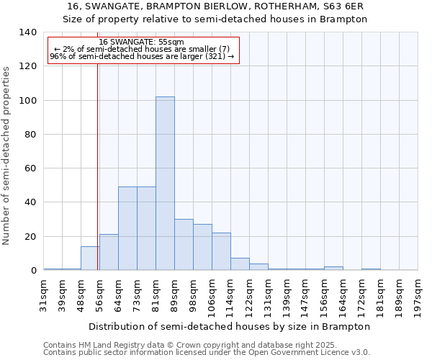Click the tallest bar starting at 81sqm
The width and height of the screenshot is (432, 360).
(x=165, y=184)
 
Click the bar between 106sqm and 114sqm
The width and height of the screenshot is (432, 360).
(x=221, y=251)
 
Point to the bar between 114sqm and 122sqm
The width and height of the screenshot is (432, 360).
(x=240, y=264)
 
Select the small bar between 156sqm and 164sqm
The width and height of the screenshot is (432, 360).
(x=333, y=269)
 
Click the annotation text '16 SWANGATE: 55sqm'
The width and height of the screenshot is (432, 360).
(x=142, y=42)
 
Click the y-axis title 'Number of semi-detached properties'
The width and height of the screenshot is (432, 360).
(x=6, y=155)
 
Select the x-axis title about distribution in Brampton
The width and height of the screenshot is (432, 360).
(x=230, y=326)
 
